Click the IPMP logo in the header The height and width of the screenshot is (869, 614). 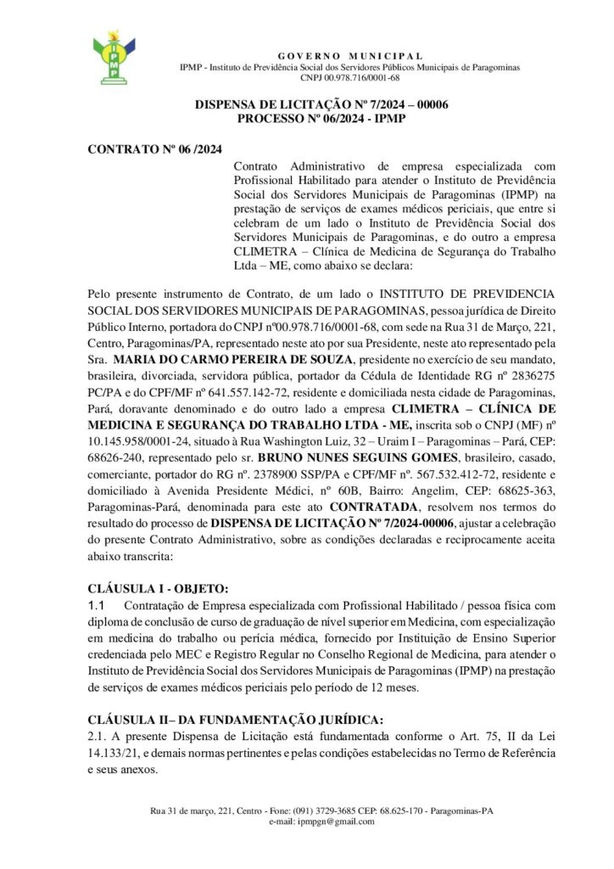click(x=113, y=59)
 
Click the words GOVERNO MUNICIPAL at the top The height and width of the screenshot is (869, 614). click(x=350, y=54)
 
